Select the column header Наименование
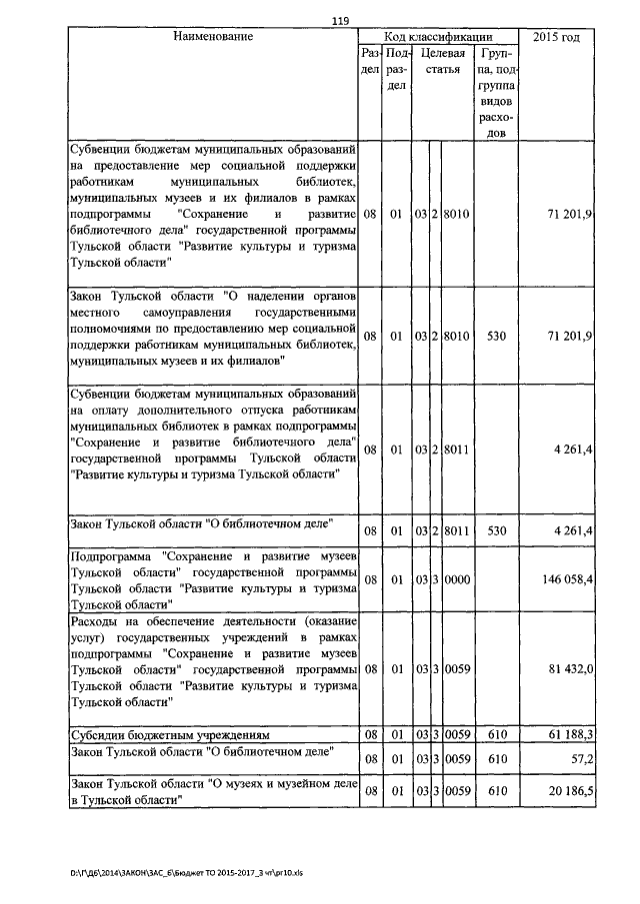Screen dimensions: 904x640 tap(213, 37)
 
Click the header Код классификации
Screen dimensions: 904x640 tap(439, 37)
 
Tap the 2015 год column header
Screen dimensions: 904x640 tap(557, 37)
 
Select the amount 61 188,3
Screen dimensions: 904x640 tap(569, 735)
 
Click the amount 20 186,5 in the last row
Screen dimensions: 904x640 tap(569, 791)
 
